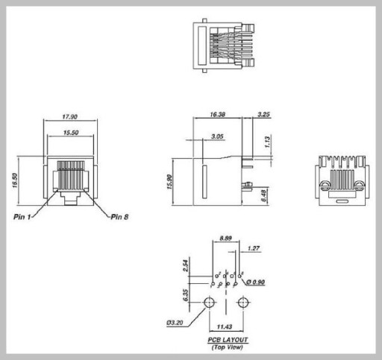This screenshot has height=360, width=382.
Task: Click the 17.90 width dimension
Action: coord(70,116)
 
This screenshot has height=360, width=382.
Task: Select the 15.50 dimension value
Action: coord(71,133)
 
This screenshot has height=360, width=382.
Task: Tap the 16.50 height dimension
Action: coord(15,180)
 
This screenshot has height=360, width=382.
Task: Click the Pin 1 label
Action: coord(22,217)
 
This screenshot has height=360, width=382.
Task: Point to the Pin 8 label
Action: coord(119,217)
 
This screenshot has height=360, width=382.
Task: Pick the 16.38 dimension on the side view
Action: coord(217,114)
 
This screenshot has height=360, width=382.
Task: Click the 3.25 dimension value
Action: coord(263,114)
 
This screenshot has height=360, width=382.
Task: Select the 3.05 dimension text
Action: coord(217,136)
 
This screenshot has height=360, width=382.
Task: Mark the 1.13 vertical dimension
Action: coord(267,142)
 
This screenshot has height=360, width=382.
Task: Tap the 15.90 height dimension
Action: coord(169,182)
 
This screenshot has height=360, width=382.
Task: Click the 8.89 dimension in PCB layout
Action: coord(225,239)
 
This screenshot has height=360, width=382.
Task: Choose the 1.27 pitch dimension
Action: coord(254,248)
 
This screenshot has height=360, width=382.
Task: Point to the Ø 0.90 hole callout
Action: coord(256,282)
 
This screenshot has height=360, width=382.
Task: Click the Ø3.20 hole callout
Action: coord(175,323)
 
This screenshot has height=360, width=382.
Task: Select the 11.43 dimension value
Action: coord(225,326)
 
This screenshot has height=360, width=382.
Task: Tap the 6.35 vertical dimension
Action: coord(186,295)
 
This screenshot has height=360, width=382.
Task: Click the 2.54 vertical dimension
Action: coord(186,265)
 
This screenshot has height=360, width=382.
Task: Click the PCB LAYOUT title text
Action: coord(228,340)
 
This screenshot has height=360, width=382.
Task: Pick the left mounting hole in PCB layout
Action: coord(209,303)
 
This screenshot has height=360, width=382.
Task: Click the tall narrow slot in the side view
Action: coord(204,182)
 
